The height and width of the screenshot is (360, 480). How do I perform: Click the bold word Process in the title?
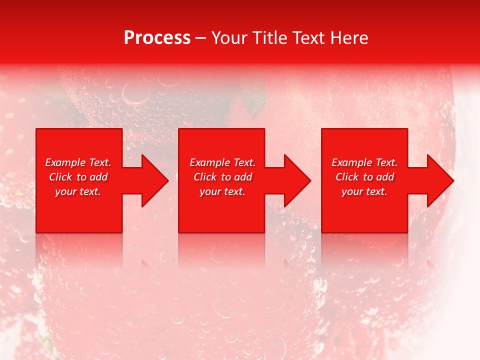(x=157, y=38)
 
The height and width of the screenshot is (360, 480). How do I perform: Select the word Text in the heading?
(x=309, y=38)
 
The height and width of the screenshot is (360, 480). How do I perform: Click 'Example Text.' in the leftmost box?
(x=78, y=162)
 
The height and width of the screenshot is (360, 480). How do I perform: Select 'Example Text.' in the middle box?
(x=222, y=162)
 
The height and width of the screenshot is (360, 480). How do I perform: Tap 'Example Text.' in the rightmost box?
(x=364, y=162)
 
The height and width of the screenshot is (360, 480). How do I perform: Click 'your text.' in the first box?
(x=78, y=191)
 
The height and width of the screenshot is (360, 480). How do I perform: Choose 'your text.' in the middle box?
(x=222, y=191)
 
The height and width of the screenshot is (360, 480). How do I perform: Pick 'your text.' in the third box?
(x=364, y=191)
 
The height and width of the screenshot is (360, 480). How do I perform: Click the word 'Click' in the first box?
(x=61, y=177)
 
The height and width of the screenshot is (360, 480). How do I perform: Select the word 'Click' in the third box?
(x=347, y=177)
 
